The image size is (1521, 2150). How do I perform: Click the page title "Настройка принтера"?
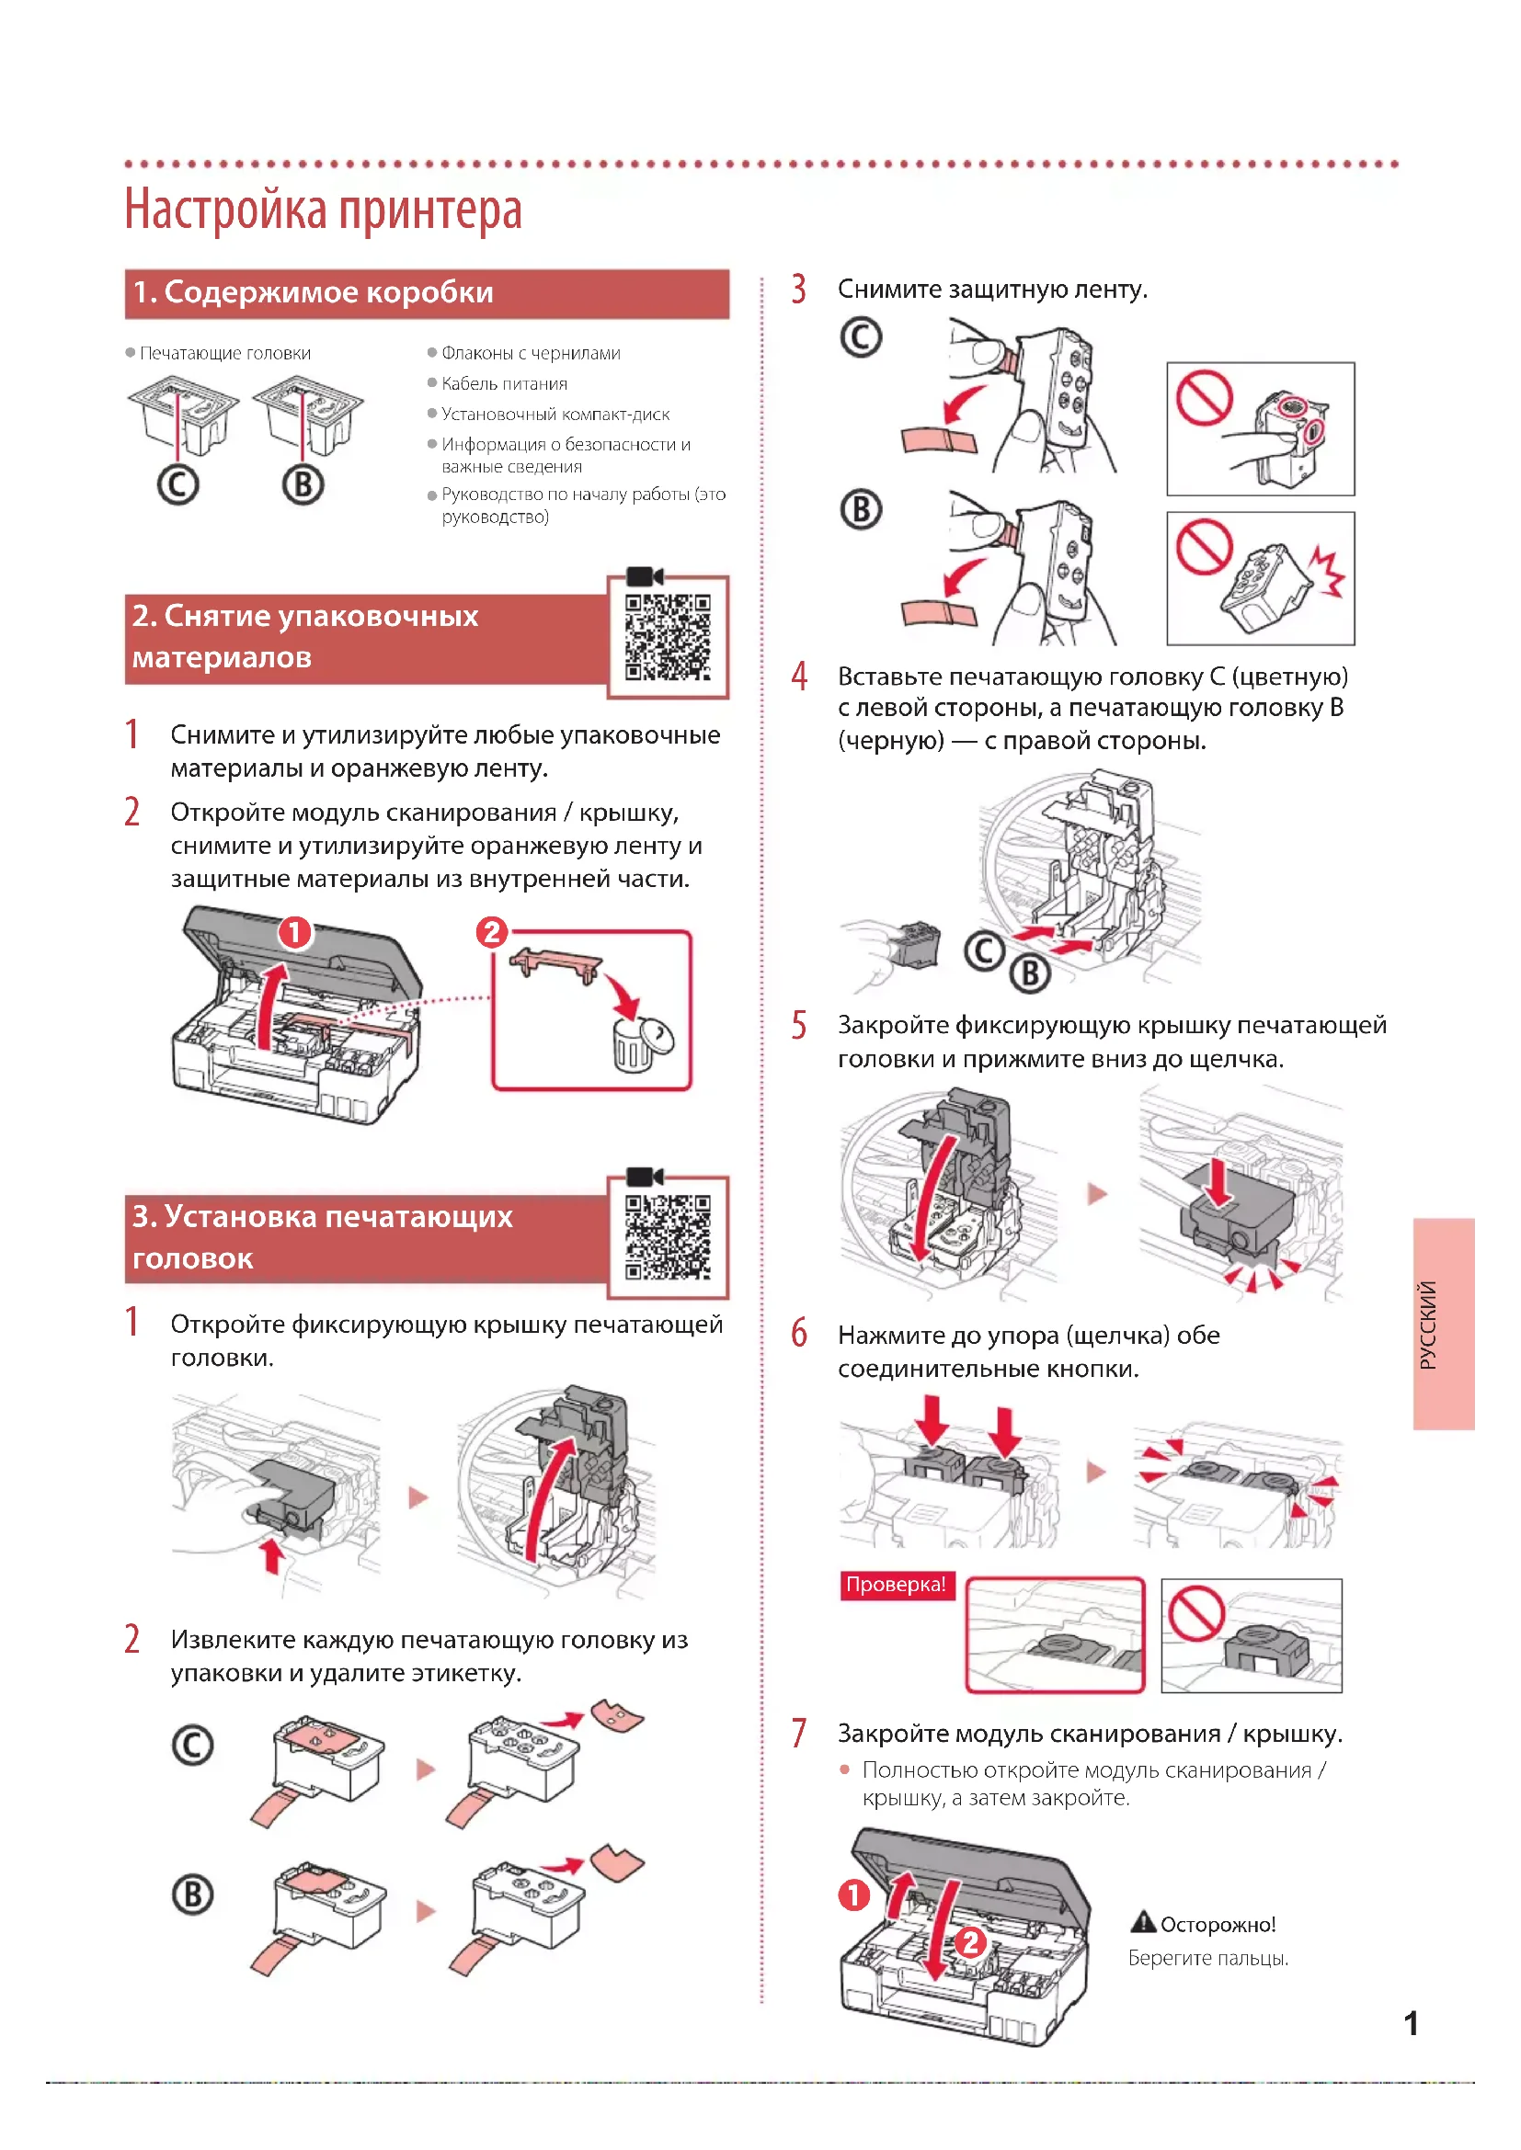[x=323, y=210]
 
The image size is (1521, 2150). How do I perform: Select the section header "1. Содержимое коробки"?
[x=313, y=293]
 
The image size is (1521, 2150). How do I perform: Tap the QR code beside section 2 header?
[x=668, y=637]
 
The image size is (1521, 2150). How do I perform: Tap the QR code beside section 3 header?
[x=668, y=1237]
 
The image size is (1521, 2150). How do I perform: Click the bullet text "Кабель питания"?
[x=504, y=384]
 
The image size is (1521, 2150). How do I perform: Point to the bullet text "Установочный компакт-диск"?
[x=555, y=414]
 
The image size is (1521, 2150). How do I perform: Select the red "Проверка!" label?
[x=896, y=1585]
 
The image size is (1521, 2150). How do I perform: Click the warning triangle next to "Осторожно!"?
[x=1143, y=1922]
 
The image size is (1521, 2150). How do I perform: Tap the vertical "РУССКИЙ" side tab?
[x=1443, y=1324]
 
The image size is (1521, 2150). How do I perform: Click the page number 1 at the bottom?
[x=1411, y=2023]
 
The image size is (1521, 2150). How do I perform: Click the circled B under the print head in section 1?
[x=303, y=485]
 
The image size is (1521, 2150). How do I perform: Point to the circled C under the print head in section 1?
[x=178, y=485]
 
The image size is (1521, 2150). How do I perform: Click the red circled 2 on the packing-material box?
[x=492, y=933]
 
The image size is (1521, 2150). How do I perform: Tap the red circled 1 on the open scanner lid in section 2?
[x=295, y=933]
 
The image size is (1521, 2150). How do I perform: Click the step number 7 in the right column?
[x=799, y=1733]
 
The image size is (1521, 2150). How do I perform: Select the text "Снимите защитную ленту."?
[x=992, y=290]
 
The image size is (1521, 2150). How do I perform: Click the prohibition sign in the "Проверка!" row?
[x=1196, y=1613]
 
